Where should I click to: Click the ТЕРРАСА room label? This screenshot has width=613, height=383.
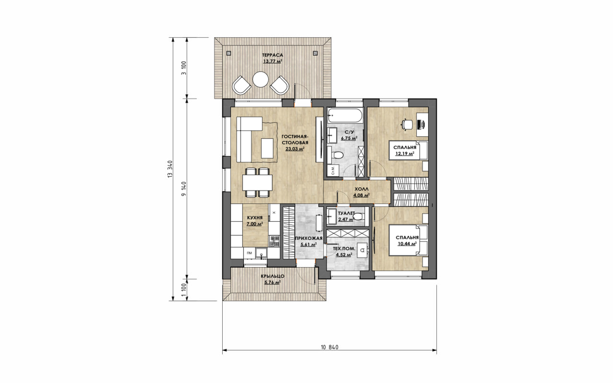(272, 55)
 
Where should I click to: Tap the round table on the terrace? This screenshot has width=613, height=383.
(260, 79)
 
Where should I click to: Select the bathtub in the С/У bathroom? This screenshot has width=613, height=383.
(345, 116)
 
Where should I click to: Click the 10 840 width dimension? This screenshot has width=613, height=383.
(329, 347)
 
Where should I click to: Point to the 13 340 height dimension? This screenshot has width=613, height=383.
(170, 170)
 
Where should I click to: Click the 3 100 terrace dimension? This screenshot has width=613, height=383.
(184, 68)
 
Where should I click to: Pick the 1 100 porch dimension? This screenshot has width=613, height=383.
(184, 290)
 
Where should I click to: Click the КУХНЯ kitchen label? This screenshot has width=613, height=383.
(63, 218)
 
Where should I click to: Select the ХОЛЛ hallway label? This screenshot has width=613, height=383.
(362, 189)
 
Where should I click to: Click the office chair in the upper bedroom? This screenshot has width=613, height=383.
(407, 124)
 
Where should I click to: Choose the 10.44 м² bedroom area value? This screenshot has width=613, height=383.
(407, 244)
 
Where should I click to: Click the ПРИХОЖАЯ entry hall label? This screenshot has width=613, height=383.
(309, 238)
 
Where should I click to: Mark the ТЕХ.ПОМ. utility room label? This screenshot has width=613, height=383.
(344, 249)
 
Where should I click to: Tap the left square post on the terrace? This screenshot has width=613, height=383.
(228, 53)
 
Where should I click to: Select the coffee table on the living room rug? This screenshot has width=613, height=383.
(267, 148)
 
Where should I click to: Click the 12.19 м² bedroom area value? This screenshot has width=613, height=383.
(405, 154)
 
